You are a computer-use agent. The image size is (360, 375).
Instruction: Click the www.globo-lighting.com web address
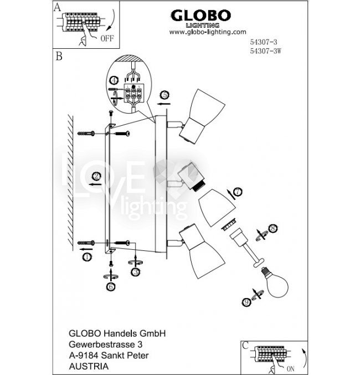(x=207, y=32)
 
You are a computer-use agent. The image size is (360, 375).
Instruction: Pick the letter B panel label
(x=58, y=56)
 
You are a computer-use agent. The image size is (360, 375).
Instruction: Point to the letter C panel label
(x=245, y=345)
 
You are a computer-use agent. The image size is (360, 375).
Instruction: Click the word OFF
(x=107, y=39)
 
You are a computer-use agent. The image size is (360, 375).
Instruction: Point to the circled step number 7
(x=238, y=192)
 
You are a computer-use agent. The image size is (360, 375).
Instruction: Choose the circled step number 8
(x=272, y=228)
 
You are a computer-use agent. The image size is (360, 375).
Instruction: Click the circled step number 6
(x=111, y=286)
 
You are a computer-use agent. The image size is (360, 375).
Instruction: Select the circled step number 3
(x=135, y=272)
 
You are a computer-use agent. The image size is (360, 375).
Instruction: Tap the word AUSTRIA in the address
(x=85, y=366)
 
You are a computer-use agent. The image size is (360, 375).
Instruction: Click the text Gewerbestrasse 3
(x=100, y=344)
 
